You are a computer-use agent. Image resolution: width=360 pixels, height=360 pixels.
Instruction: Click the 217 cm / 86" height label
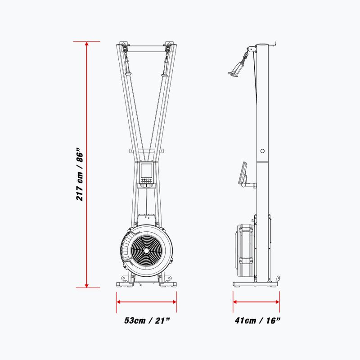pyautogui.click(x=80, y=175)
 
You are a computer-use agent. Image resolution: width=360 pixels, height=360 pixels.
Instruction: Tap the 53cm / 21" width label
pyautogui.click(x=147, y=320)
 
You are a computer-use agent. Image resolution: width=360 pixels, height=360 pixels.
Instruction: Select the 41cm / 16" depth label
pyautogui.click(x=257, y=320)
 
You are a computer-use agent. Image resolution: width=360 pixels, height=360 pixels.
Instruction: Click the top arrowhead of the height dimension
pyautogui.click(x=86, y=44)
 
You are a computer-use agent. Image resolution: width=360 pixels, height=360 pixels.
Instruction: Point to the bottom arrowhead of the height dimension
pyautogui.click(x=86, y=285)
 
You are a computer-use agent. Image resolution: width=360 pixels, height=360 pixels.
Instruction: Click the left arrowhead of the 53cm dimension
pyautogui.click(x=119, y=301)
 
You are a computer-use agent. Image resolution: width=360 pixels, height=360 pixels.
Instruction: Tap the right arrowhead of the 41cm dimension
pyautogui.click(x=277, y=301)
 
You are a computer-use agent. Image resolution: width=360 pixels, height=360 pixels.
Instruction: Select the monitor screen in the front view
pyautogui.click(x=146, y=171)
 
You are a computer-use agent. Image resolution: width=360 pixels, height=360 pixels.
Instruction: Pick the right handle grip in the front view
pyautogui.click(x=165, y=67)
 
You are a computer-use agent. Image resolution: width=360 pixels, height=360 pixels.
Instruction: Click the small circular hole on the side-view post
pyautogui.click(x=262, y=151)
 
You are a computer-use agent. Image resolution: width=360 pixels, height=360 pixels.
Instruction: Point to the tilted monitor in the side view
pyautogui.click(x=243, y=173)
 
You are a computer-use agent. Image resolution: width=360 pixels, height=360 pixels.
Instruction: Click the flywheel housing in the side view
pyautogui.click(x=245, y=252)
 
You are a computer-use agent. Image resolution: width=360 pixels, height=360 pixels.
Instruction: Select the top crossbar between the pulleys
pyautogui.click(x=146, y=49)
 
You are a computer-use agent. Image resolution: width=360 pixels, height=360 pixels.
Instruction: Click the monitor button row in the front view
pyautogui.click(x=146, y=180)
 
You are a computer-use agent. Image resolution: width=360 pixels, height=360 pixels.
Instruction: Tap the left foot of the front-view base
pyautogui.click(x=125, y=284)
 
